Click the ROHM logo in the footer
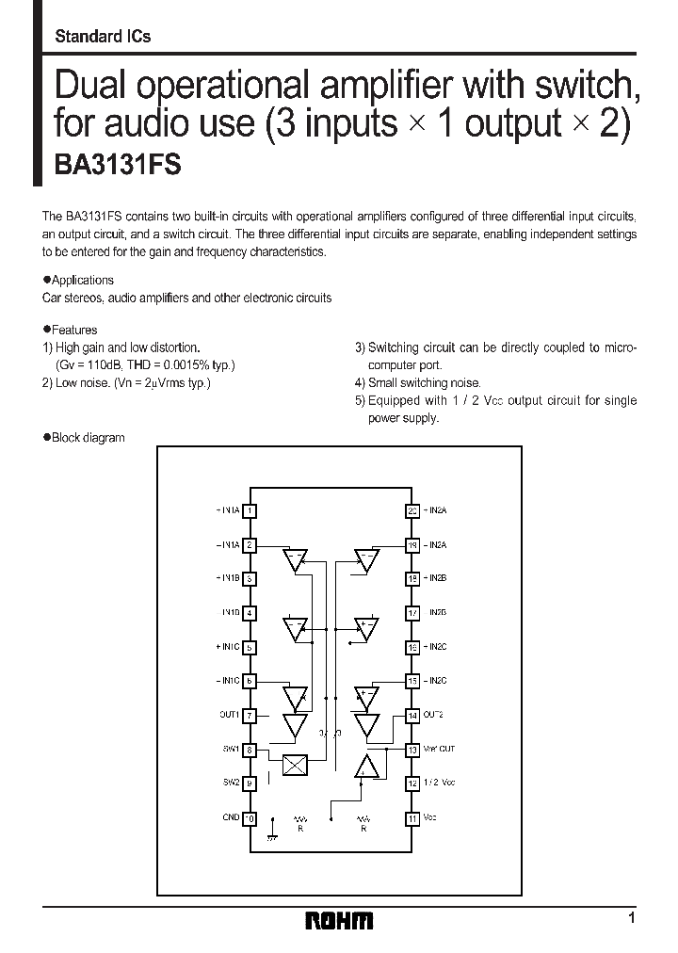pos(340,921)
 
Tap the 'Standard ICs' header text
pos(103,37)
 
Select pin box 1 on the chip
pos(250,510)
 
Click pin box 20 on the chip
pos(412,510)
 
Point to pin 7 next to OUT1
pos(250,716)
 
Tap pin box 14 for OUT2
pos(412,716)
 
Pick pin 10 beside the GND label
pos(250,818)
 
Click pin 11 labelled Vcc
pos(412,818)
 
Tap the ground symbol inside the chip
pos(272,825)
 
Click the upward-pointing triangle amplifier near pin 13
pos(365,767)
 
